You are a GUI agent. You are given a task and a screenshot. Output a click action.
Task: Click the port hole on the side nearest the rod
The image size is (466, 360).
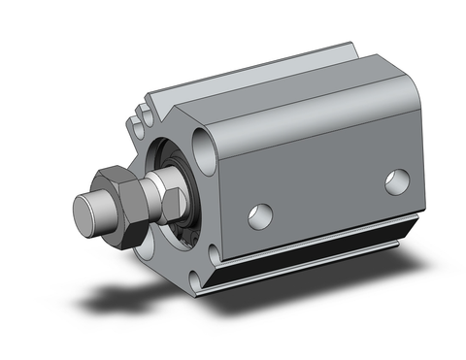tap(260, 215)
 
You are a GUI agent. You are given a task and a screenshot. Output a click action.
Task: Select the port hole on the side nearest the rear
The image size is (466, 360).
tap(397, 181)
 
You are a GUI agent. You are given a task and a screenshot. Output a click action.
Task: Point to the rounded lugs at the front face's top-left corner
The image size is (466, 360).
tap(139, 121)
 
